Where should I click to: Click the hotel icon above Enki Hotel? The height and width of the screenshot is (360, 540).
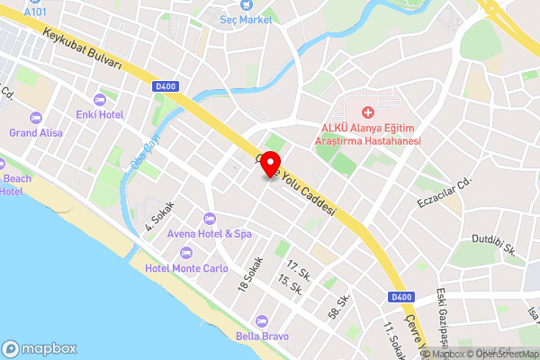pyautogui.click(x=98, y=99)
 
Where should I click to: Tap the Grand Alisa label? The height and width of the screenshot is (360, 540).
pyautogui.click(x=36, y=133)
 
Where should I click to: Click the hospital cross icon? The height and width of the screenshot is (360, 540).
pyautogui.click(x=367, y=112)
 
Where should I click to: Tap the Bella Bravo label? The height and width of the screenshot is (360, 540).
pyautogui.click(x=262, y=336)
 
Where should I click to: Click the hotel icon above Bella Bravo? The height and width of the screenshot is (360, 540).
pyautogui.click(x=262, y=320)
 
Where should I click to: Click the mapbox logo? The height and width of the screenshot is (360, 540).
pyautogui.click(x=40, y=348)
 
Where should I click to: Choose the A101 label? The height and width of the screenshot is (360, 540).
pyautogui.click(x=35, y=12)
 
